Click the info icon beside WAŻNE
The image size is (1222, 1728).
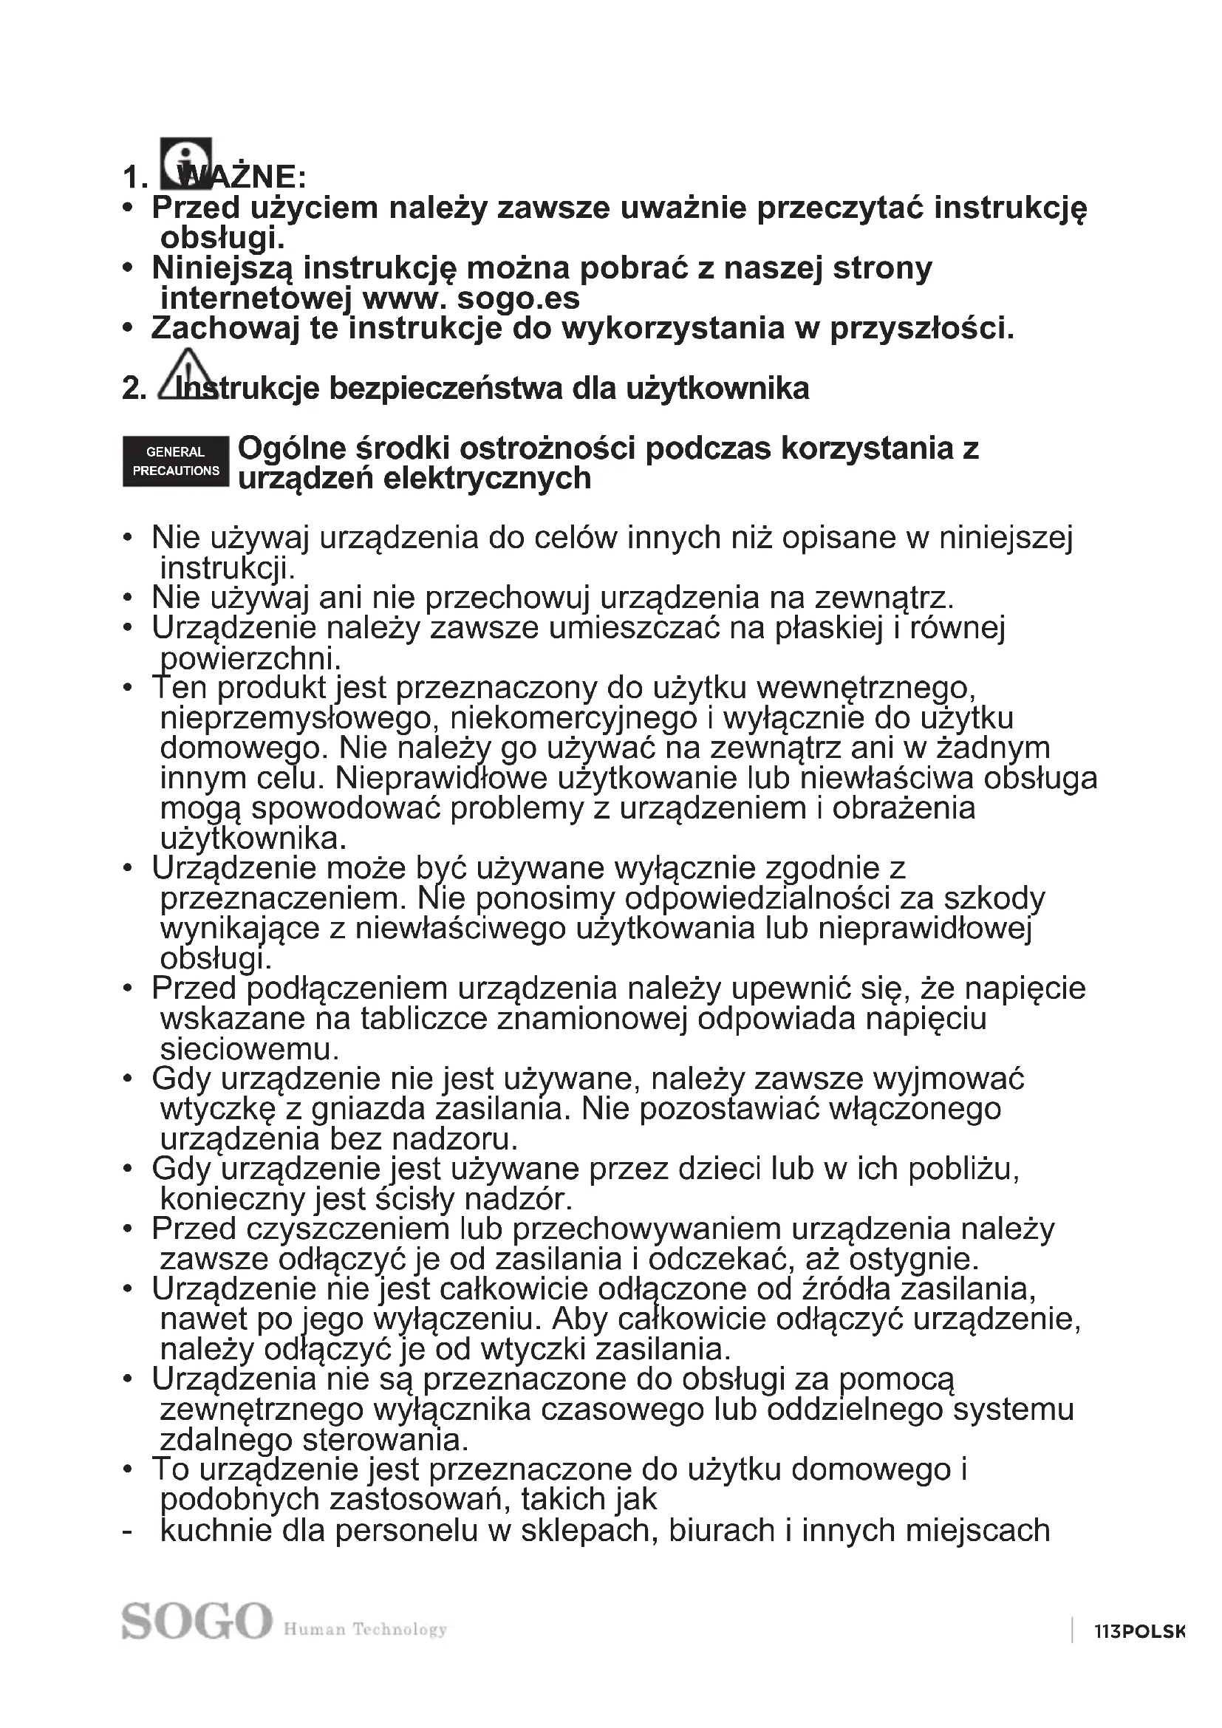click(186, 163)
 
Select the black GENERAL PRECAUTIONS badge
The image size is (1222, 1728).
click(175, 461)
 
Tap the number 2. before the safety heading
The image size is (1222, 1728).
click(134, 389)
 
